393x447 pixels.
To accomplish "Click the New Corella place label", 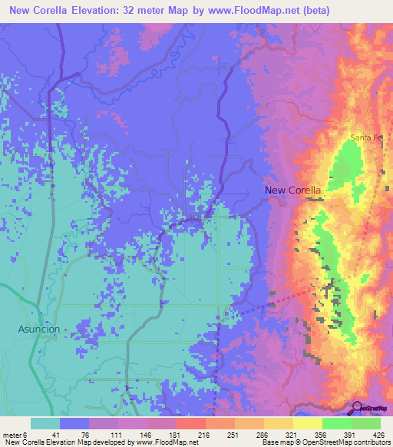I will (292, 190).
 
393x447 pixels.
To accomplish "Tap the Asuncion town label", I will (38, 328).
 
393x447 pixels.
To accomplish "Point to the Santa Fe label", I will (365, 137).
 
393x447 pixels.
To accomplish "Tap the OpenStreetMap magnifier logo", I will (358, 408).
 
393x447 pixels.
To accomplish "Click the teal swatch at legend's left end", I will (45, 423).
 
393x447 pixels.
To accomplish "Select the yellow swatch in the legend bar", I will (308, 423).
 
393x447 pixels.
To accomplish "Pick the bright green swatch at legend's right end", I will (366, 423).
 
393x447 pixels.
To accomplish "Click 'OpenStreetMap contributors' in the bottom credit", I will (350, 443).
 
